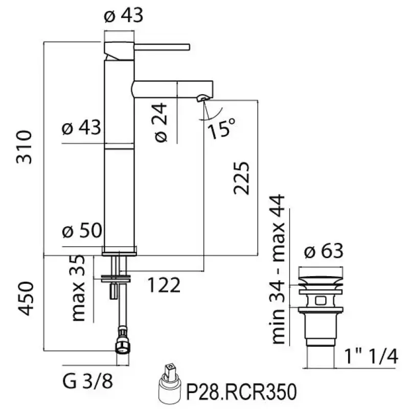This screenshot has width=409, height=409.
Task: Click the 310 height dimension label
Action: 25,147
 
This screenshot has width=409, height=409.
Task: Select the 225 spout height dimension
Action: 241,178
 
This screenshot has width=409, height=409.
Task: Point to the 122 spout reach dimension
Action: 164,285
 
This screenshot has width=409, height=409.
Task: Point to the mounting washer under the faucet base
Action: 117,279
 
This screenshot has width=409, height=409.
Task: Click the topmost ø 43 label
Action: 123,16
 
